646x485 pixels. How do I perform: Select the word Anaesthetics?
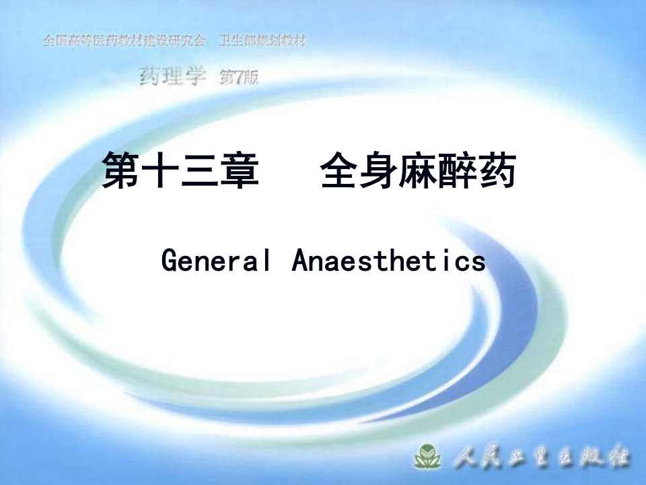[x=388, y=260]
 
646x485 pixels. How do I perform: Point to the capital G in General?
[x=169, y=260]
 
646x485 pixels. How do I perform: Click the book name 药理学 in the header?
[x=172, y=77]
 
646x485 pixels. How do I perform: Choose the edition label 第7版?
[x=239, y=78]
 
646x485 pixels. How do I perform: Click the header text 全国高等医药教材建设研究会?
[x=124, y=40]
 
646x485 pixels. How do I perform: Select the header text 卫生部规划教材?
[x=262, y=40]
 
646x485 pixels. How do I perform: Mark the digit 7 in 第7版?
[x=239, y=78]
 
